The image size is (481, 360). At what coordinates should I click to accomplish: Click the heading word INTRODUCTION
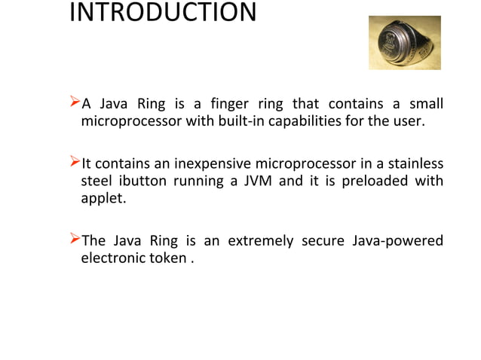[163, 14]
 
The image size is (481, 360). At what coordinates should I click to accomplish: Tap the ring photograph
[404, 43]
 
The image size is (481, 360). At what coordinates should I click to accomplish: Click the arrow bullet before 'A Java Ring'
[74, 102]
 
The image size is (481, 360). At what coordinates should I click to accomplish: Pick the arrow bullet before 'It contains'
[74, 163]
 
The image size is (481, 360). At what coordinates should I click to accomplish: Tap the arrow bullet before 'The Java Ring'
[74, 240]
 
